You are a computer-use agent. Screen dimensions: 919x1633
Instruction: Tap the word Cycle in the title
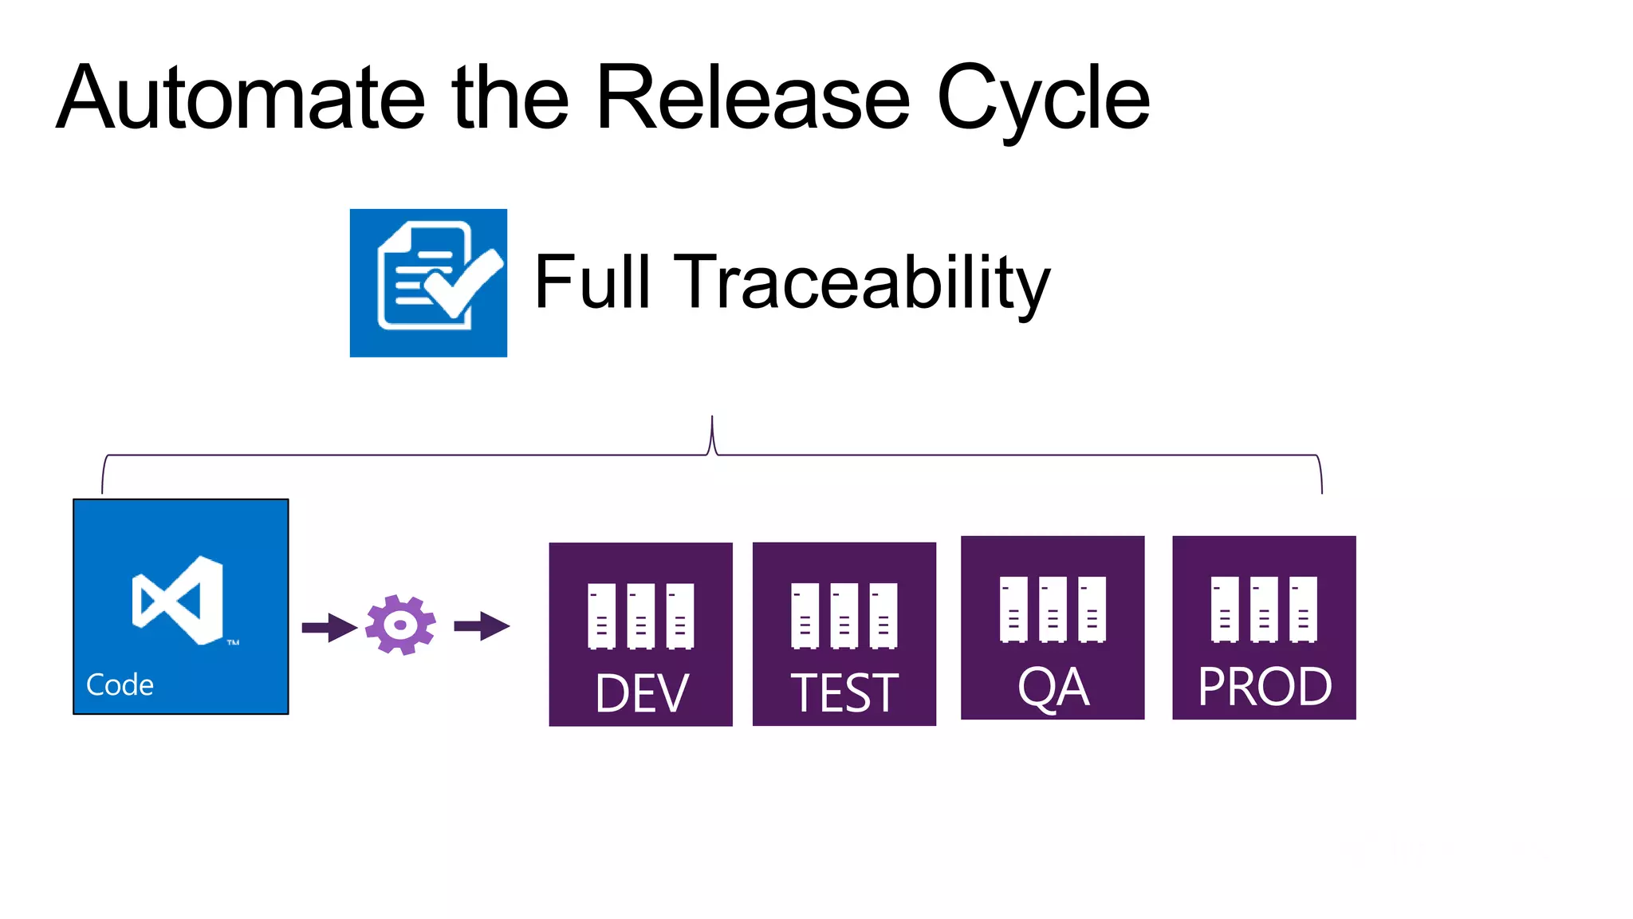coord(1043,100)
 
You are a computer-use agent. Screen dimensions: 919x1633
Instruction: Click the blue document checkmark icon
coord(428,282)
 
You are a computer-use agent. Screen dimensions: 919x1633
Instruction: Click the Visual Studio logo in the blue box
coord(179,600)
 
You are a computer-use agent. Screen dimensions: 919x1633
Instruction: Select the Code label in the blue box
coord(120,685)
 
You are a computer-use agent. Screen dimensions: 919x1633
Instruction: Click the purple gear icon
coord(400,625)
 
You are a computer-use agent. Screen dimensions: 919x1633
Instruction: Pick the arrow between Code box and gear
coord(329,628)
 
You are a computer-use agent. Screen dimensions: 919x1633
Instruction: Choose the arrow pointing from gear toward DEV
coord(482,626)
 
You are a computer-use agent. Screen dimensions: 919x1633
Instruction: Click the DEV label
coord(641,693)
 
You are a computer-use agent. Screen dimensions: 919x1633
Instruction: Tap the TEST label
coord(844,693)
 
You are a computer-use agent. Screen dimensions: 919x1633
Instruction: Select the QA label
coord(1053,687)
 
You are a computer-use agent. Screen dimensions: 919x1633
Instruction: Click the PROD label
coord(1265,687)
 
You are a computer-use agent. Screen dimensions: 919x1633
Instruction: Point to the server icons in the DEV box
coord(640,616)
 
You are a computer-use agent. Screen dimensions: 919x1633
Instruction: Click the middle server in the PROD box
coord(1264,609)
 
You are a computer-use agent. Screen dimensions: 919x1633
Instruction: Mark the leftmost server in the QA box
coord(1013,609)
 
